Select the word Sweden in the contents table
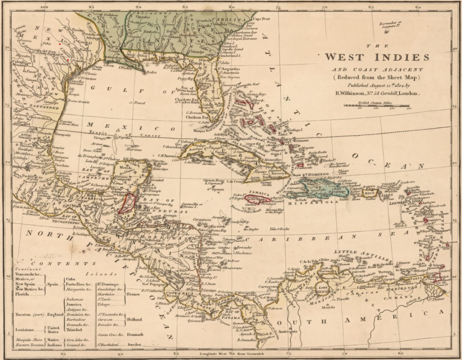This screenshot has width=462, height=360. pyautogui.click(x=135, y=345)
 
